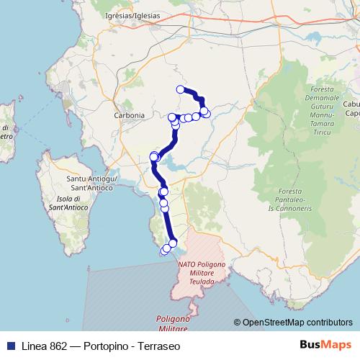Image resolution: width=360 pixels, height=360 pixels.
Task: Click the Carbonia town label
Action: point(129,114)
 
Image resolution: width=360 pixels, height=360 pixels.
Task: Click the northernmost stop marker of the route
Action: point(181,89)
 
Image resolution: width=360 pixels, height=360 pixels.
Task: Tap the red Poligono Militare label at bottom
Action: point(173,323)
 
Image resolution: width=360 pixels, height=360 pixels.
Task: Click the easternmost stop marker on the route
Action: point(207,113)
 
